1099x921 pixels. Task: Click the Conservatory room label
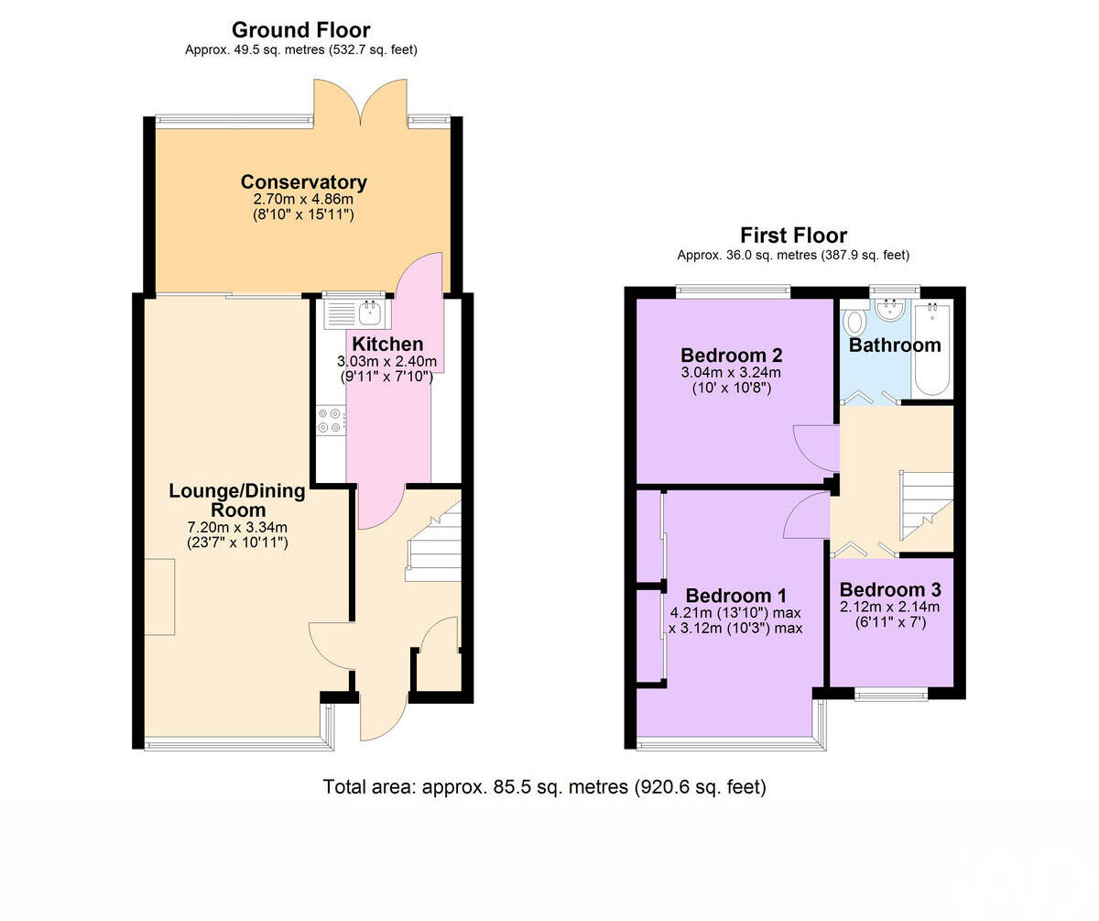click(303, 181)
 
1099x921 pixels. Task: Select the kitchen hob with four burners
click(331, 420)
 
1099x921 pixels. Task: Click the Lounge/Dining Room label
click(237, 500)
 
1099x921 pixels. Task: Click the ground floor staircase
click(433, 547)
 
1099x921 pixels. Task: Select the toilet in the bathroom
click(855, 323)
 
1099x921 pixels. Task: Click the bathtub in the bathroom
click(933, 350)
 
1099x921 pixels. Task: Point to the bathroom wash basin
click(888, 311)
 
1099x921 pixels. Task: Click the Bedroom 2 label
click(731, 355)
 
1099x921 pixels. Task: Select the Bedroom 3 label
click(890, 589)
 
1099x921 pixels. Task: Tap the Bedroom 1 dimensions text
click(736, 620)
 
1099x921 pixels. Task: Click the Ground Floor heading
click(300, 29)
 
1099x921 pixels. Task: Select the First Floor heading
click(793, 236)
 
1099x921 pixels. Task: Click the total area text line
click(544, 786)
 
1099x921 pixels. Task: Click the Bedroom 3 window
click(890, 696)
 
